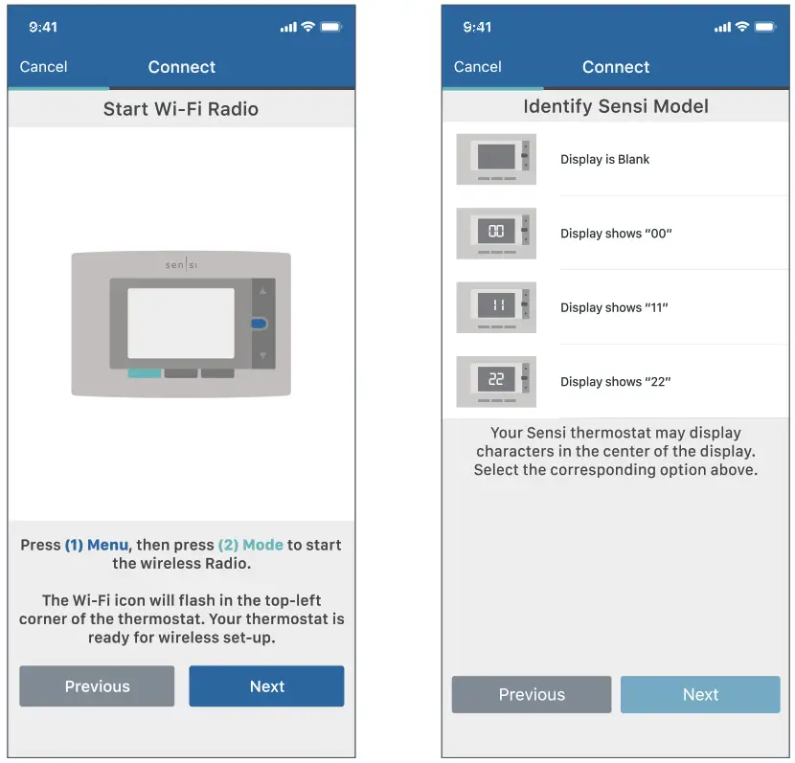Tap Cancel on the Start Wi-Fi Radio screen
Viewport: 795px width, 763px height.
click(43, 67)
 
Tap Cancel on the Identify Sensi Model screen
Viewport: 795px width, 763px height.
click(477, 67)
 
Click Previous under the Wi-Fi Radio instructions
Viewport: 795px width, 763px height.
click(97, 686)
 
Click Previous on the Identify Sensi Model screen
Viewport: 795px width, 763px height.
click(532, 695)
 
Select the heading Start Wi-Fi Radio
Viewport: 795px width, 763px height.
click(181, 109)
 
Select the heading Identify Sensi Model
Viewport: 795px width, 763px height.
click(616, 106)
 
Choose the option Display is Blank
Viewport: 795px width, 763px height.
click(604, 160)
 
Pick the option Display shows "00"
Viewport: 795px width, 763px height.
click(616, 234)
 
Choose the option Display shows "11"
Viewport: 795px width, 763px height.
click(614, 307)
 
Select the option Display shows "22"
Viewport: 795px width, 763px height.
click(616, 382)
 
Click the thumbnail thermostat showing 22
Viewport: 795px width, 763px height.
click(496, 381)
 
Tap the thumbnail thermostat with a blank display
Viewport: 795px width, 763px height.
click(496, 159)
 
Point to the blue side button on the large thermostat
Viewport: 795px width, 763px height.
click(259, 325)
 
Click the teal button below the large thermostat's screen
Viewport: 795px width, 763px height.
click(144, 372)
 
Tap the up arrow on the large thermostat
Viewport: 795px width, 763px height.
click(261, 289)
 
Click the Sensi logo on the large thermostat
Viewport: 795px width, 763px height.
click(181, 265)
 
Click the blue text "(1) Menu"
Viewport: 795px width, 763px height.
click(97, 545)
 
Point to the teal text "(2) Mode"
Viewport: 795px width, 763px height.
click(250, 545)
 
